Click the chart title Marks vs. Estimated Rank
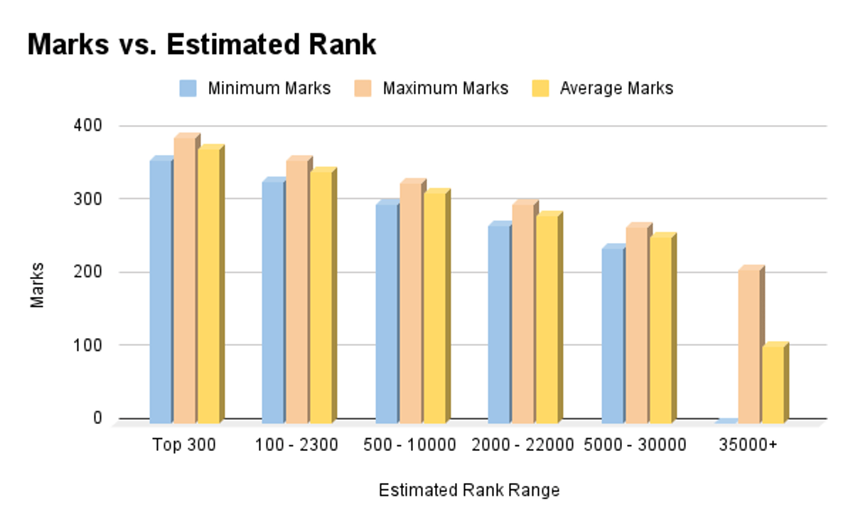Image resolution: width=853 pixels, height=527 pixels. pyautogui.click(x=201, y=45)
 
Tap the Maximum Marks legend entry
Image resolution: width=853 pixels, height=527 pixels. pyautogui.click(x=431, y=89)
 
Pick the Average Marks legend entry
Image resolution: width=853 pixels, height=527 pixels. pyautogui.click(x=602, y=89)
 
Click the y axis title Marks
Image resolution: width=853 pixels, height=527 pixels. pyautogui.click(x=37, y=285)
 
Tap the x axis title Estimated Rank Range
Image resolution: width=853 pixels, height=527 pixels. pyautogui.click(x=468, y=491)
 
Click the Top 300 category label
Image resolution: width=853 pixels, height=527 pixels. pyautogui.click(x=184, y=445)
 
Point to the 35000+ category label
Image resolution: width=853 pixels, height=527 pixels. pyautogui.click(x=752, y=445)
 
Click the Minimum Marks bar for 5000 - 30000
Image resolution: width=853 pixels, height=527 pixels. pyautogui.click(x=612, y=335)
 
